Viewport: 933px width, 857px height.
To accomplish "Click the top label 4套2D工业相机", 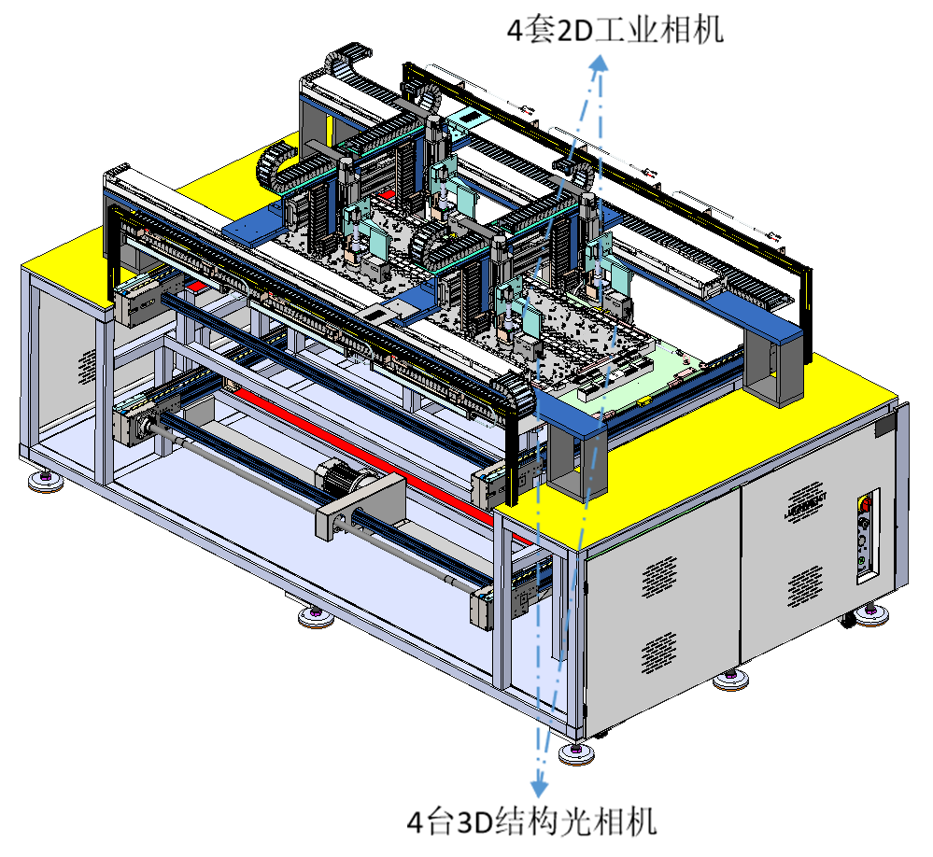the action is click(x=615, y=30).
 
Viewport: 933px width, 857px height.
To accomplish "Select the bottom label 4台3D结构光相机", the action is click(x=531, y=822).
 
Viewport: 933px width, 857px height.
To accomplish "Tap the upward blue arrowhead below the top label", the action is click(x=600, y=63).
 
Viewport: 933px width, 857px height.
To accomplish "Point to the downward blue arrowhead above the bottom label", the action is click(x=539, y=787).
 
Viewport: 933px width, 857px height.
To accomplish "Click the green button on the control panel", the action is click(x=861, y=561).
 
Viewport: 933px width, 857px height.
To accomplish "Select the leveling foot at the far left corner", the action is click(x=45, y=481).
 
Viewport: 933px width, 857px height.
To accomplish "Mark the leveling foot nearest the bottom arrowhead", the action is click(x=576, y=753).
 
